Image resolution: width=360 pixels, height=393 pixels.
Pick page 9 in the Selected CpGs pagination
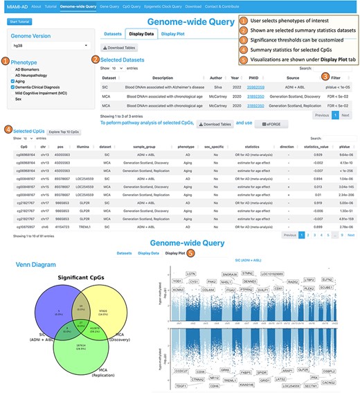pyautogui.click(x=338, y=235)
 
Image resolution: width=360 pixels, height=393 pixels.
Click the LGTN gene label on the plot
pyautogui.click(x=191, y=274)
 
